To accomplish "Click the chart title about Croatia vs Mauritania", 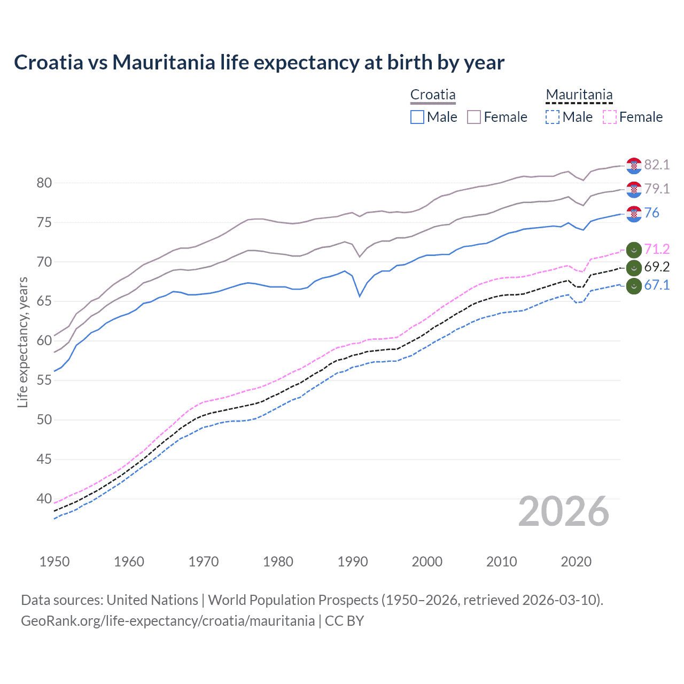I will click(259, 63).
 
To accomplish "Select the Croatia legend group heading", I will click(433, 95).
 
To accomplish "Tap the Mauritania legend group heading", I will click(579, 95).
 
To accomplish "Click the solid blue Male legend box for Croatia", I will click(417, 117).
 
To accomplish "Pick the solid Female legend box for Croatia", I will click(474, 117).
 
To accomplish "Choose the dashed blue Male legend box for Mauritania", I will click(553, 117).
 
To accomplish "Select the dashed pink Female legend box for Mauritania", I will click(610, 117).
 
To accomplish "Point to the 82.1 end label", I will click(657, 165).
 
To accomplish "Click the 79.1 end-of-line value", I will click(657, 189).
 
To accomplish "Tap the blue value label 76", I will click(651, 213).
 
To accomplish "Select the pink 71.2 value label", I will click(657, 249).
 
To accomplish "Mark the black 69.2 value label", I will click(657, 267).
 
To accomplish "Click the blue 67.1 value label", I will click(657, 285).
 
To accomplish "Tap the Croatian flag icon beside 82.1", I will click(634, 166).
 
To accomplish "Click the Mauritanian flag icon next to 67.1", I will click(634, 286).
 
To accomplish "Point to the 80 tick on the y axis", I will click(44, 183).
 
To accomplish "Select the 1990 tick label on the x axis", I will click(353, 562).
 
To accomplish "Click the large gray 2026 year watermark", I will click(564, 511).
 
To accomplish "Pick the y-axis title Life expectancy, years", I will click(22, 342).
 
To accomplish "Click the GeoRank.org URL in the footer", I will click(168, 621).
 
